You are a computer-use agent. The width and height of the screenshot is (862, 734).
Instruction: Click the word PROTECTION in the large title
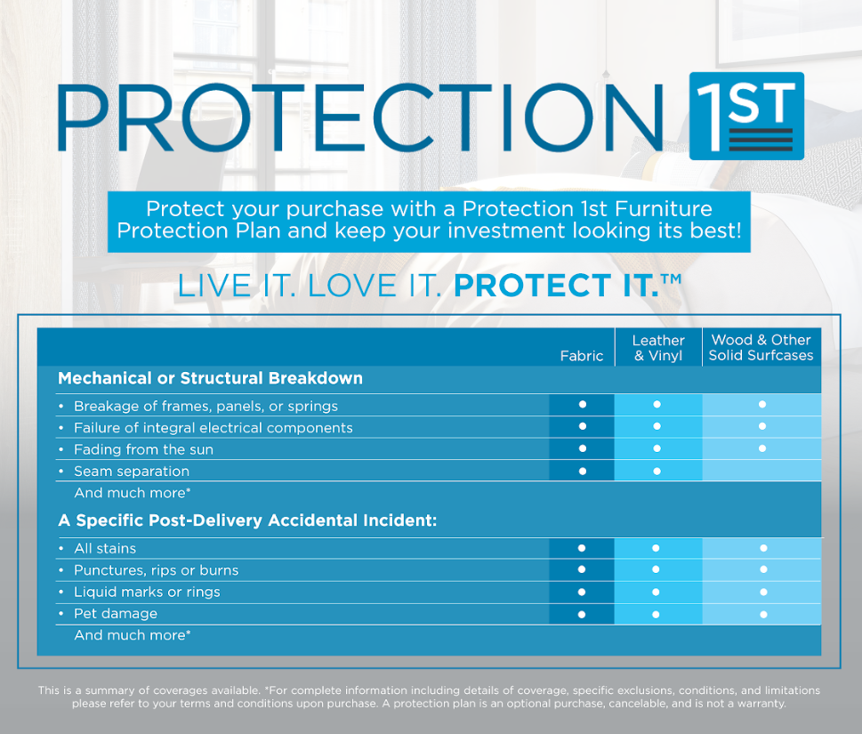point(360,117)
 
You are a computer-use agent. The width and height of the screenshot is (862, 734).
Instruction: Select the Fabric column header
point(582,356)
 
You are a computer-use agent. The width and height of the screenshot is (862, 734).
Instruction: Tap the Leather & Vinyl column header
point(658,348)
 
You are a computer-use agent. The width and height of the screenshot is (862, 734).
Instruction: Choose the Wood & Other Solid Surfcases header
point(761,348)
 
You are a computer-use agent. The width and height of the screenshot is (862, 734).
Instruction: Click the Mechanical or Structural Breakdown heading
point(210,378)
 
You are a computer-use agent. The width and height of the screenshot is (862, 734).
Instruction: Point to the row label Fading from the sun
point(143,449)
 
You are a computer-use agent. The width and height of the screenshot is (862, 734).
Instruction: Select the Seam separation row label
point(132,471)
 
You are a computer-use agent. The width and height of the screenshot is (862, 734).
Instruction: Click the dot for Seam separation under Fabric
point(582,471)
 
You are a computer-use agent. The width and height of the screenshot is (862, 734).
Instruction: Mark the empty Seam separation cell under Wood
point(761,471)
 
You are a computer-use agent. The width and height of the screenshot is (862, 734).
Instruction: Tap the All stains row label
point(105,548)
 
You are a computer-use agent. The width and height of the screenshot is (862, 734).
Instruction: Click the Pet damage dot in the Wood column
point(762,614)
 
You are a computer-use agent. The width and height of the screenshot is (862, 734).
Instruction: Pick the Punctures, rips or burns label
point(156,569)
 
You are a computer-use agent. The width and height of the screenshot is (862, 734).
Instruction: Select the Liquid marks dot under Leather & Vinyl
point(657,592)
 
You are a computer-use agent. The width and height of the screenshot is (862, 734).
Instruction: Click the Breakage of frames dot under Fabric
point(582,405)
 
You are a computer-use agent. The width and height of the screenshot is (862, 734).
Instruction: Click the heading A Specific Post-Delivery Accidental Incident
point(247,520)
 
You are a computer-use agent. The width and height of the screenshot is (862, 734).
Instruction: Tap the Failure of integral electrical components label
point(213,427)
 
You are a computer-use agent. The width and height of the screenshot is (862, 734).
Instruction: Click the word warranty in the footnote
point(760,703)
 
